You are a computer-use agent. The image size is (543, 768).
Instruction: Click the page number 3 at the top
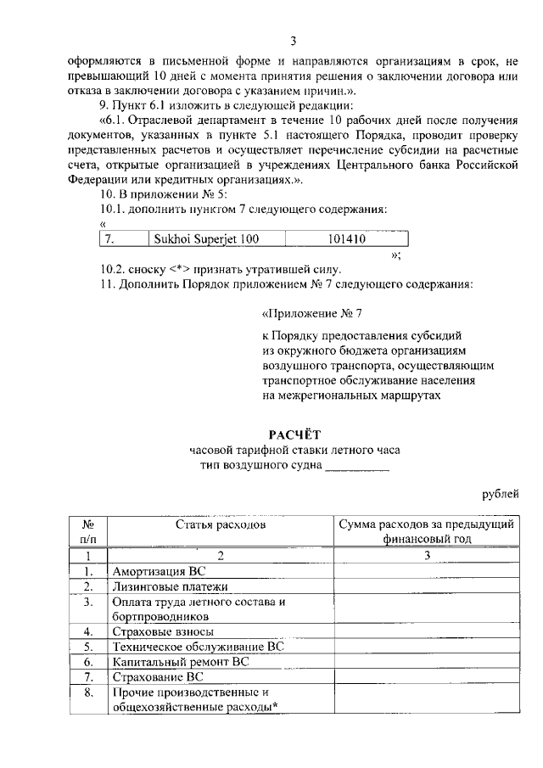[x=293, y=41]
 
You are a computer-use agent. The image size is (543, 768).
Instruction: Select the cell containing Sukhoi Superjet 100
[x=204, y=239]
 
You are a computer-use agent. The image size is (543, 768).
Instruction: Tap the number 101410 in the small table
[x=346, y=239]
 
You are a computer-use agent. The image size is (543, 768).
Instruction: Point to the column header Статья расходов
[x=221, y=525]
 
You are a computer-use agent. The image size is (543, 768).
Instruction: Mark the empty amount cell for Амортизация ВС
[x=427, y=571]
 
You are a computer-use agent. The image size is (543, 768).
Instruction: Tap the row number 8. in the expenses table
[x=88, y=692]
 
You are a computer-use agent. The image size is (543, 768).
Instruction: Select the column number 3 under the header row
[x=427, y=556]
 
